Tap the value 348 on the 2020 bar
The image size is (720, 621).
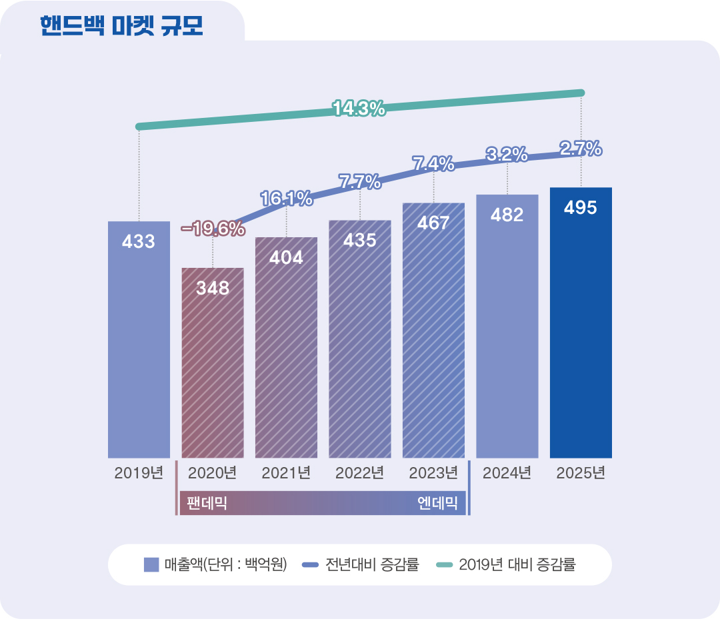coord(213,289)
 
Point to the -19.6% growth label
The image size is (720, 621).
coord(213,229)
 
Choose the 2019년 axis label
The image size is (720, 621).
coord(139,474)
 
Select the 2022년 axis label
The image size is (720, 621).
coord(359,474)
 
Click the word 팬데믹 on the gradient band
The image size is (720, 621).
coord(207,503)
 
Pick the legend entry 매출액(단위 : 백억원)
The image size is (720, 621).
coord(215,565)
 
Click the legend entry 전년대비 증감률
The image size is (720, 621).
coord(360,565)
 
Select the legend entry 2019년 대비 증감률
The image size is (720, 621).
coord(507,565)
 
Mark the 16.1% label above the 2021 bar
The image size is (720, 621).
coord(286,198)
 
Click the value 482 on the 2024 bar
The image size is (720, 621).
coord(507,215)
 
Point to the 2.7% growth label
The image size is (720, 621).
coord(581,149)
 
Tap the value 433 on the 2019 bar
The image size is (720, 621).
coord(139,242)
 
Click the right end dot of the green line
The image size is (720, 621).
coord(581,93)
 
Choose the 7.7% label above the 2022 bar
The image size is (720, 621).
coord(359,181)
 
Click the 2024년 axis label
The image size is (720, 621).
coord(507,474)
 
